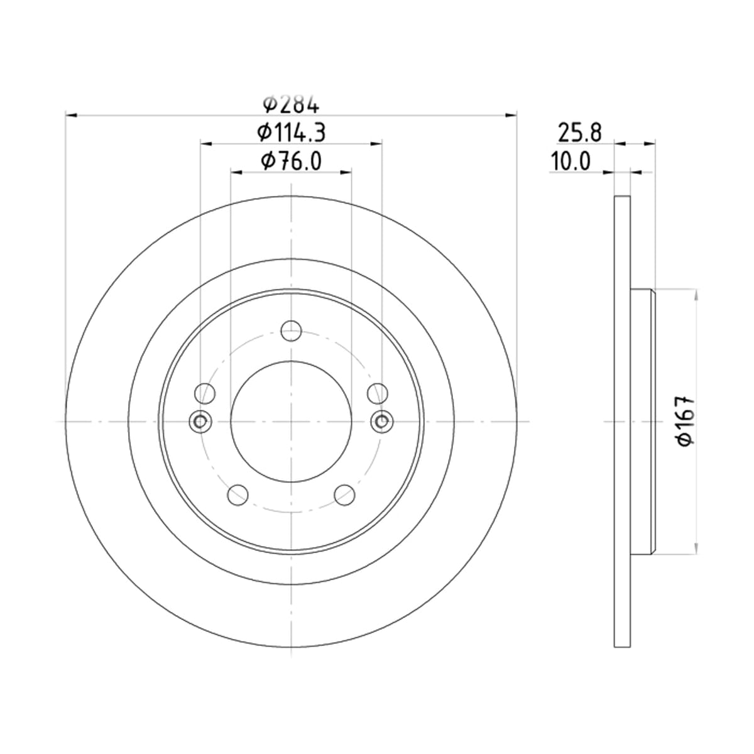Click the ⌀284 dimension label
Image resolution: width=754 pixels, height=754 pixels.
click(291, 104)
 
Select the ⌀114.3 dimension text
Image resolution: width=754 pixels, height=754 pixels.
click(291, 133)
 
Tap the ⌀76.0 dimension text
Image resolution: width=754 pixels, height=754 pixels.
click(291, 161)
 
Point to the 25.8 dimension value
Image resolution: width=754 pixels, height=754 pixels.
click(579, 133)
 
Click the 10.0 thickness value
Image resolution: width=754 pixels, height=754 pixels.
click(570, 161)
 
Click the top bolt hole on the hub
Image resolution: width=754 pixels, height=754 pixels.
click(291, 331)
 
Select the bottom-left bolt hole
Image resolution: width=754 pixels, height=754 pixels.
click(238, 495)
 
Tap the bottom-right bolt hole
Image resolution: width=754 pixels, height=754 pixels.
click(345, 495)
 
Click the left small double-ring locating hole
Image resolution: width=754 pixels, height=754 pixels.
click(200, 422)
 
